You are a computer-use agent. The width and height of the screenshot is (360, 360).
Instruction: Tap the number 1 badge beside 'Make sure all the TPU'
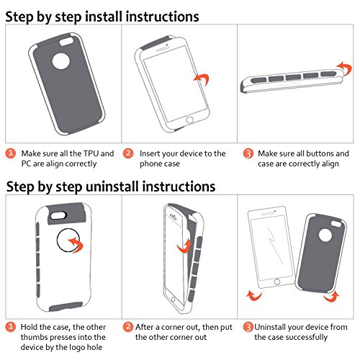[x=11, y=153]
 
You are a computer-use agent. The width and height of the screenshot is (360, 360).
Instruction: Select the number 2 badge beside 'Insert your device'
[x=128, y=153]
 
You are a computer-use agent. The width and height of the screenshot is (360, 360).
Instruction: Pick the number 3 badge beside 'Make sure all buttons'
[x=248, y=153]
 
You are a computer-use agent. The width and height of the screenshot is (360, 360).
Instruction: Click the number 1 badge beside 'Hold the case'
[x=11, y=327]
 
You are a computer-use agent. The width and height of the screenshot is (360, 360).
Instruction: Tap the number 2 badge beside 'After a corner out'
[x=128, y=327]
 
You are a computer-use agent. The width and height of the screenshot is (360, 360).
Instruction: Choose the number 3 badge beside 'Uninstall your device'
[x=248, y=327]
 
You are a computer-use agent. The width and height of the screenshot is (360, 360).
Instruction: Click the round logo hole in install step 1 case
[x=61, y=61]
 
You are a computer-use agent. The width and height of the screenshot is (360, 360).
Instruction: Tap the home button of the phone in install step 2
[x=189, y=120]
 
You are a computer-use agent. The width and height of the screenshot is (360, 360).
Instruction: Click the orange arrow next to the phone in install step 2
[x=203, y=78]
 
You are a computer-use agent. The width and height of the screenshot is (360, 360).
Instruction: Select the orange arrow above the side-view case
[x=345, y=68]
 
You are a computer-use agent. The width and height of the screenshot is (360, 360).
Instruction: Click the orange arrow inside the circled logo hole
[x=77, y=243]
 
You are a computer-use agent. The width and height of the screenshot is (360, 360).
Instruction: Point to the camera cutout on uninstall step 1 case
[x=58, y=215]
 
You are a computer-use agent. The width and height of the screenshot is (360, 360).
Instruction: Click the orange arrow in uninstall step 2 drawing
[x=185, y=247]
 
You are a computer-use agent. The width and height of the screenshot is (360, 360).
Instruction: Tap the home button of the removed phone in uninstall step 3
[x=277, y=282]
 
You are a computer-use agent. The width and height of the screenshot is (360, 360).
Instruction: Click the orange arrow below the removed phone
[x=254, y=296]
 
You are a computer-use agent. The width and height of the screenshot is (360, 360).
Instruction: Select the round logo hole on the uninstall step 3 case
[x=325, y=235]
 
